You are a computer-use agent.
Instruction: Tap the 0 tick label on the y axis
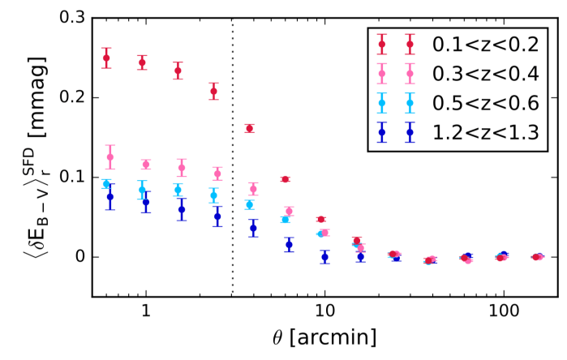pyautogui.click(x=84, y=257)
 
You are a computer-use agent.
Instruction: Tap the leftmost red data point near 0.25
pyautogui.click(x=106, y=58)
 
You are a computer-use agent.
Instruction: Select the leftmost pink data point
pyautogui.click(x=110, y=157)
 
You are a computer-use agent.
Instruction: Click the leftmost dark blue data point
pyautogui.click(x=110, y=197)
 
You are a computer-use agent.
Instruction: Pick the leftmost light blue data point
pyautogui.click(x=106, y=184)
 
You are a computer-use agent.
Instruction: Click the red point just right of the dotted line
pyautogui.click(x=249, y=128)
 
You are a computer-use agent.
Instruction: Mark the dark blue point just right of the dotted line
pyautogui.click(x=253, y=229)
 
